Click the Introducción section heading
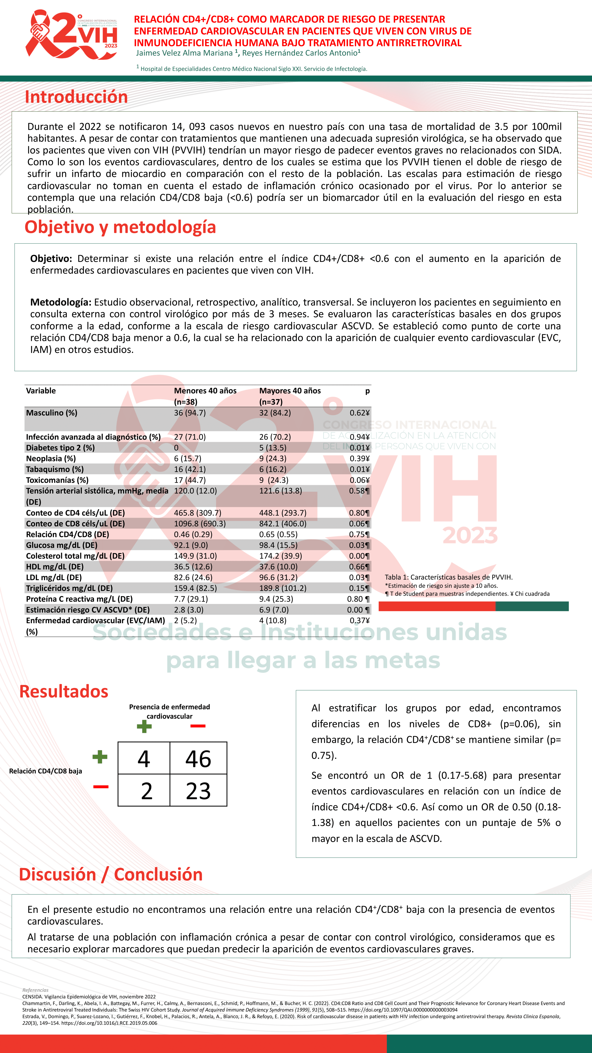point(76,97)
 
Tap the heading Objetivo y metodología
point(120,227)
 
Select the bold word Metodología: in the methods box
point(60,302)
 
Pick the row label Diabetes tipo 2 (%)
point(60,448)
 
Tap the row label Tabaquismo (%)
point(55,469)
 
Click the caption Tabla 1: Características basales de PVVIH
point(448,577)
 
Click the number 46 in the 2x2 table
point(198,759)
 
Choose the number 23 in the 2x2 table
point(198,791)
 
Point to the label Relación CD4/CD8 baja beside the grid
point(45,771)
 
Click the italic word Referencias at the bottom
point(35,990)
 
